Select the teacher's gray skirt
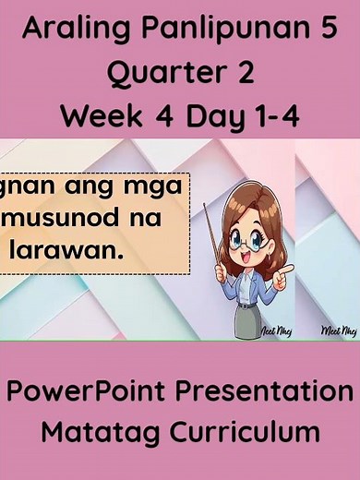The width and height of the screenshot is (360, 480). (246, 318)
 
